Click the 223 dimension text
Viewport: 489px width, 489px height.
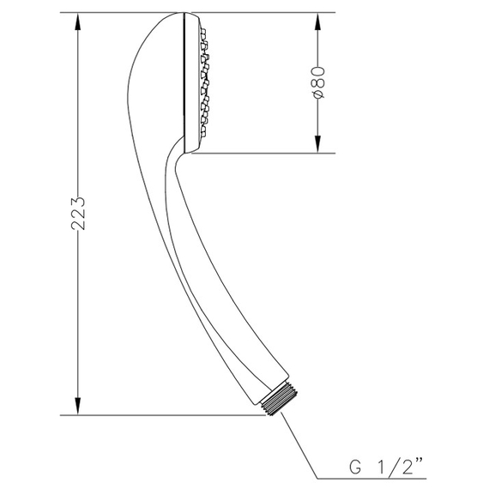coord(78,214)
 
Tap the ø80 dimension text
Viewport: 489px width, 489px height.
coord(318,82)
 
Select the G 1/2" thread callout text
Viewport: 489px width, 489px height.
coord(386,467)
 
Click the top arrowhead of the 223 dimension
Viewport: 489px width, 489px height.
coord(78,21)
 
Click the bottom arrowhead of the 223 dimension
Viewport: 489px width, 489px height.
coord(78,406)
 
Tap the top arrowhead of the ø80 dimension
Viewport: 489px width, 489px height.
coord(317,21)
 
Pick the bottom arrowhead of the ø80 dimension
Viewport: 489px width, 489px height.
coord(317,144)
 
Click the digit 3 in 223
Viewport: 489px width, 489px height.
coord(78,202)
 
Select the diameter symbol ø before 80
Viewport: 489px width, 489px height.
coord(318,94)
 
